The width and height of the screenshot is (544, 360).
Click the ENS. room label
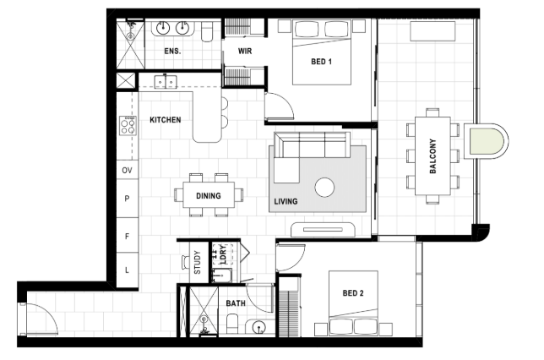(172, 51)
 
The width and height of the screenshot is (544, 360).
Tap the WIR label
(245, 51)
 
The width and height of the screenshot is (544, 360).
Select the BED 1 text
(321, 62)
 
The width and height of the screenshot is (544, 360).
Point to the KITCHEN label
(166, 120)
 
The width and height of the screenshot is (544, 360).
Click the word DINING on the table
(209, 196)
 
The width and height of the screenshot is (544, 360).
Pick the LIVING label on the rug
(286, 201)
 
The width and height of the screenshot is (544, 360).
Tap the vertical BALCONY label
(432, 156)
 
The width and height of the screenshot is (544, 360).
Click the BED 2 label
(353, 293)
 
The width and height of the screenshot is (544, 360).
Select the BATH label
(236, 303)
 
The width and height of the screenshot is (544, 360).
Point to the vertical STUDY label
(198, 263)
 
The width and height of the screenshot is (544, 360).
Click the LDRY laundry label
(223, 254)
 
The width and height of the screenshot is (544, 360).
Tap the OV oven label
(127, 171)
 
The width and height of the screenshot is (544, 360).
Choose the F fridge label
(127, 237)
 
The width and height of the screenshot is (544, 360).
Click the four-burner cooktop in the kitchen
(128, 126)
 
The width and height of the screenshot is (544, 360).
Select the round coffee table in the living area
(324, 188)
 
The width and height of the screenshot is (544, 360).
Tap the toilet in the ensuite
(209, 30)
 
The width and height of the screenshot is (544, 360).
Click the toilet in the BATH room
(232, 324)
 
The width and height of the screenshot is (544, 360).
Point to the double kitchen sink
(166, 82)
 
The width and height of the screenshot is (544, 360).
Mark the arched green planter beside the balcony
(486, 141)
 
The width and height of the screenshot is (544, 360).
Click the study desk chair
(186, 262)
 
